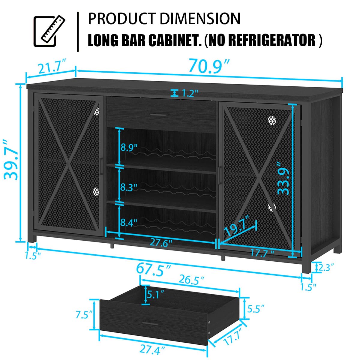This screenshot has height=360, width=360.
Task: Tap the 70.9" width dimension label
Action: [x=209, y=67]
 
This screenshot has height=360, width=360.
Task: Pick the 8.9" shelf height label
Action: [x=129, y=148]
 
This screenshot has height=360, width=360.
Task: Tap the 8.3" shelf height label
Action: [x=129, y=188]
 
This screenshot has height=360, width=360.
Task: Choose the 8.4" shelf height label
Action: [x=129, y=223]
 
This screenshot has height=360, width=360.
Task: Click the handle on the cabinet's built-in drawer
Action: [x=160, y=115]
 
